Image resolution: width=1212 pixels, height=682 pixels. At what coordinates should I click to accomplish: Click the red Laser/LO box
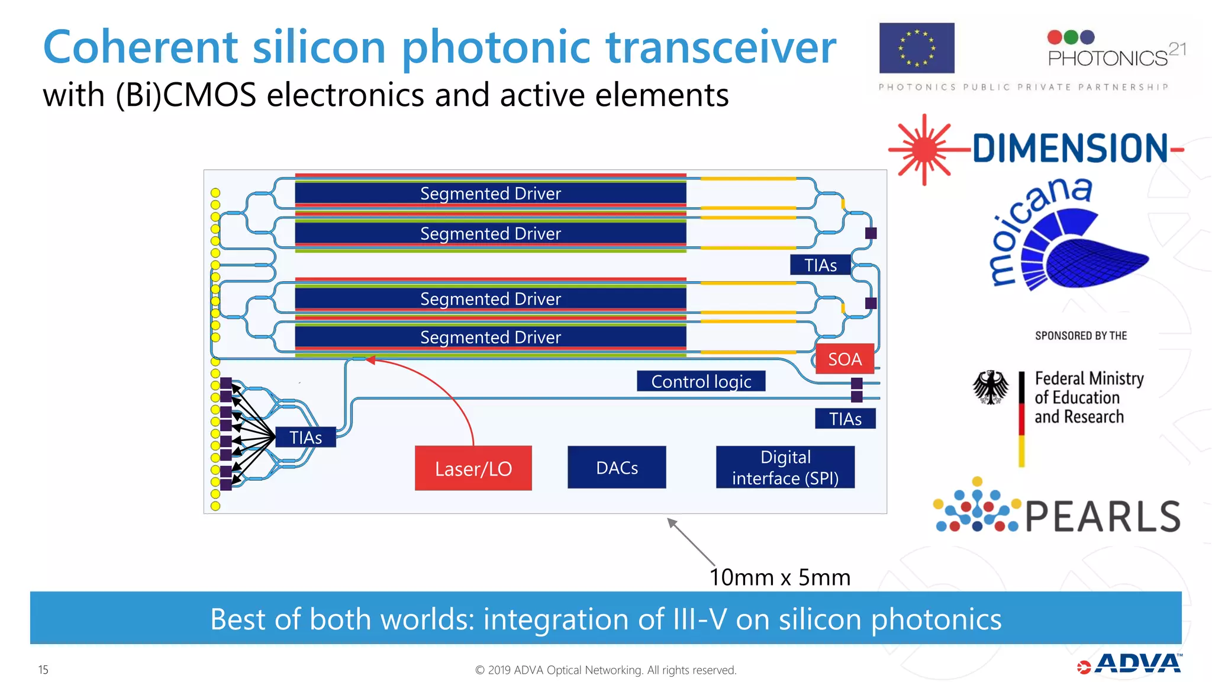[x=473, y=468]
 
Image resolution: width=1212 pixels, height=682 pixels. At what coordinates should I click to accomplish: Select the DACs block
[x=617, y=467]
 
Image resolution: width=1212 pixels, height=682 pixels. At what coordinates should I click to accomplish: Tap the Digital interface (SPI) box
[x=785, y=467]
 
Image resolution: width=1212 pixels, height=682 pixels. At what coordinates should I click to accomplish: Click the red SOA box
[x=844, y=359]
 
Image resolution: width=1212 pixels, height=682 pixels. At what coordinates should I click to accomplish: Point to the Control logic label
[x=701, y=381]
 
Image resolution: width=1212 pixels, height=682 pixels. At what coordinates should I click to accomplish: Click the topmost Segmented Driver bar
[x=490, y=193]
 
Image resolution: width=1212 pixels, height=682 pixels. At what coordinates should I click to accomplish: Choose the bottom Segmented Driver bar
[x=490, y=337]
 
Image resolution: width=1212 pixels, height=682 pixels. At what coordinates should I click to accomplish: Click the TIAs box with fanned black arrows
[x=305, y=437]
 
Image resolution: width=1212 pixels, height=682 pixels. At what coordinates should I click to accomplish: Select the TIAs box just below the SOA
[x=844, y=419]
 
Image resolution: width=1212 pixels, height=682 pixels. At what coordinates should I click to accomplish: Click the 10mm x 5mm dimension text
[x=779, y=577]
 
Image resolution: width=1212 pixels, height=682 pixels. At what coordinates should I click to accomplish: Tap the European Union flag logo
[x=916, y=48]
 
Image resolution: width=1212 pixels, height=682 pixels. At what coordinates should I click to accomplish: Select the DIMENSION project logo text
[x=1070, y=148]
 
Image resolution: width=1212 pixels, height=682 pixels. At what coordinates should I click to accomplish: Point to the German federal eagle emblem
[x=990, y=388]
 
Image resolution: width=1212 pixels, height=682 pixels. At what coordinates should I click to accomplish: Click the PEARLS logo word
[x=1103, y=516]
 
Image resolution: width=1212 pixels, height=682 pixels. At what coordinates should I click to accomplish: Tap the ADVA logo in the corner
[x=1130, y=664]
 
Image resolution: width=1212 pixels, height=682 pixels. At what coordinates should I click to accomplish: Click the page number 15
[x=43, y=670]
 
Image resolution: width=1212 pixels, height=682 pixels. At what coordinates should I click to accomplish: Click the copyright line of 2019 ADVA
[x=605, y=670]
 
